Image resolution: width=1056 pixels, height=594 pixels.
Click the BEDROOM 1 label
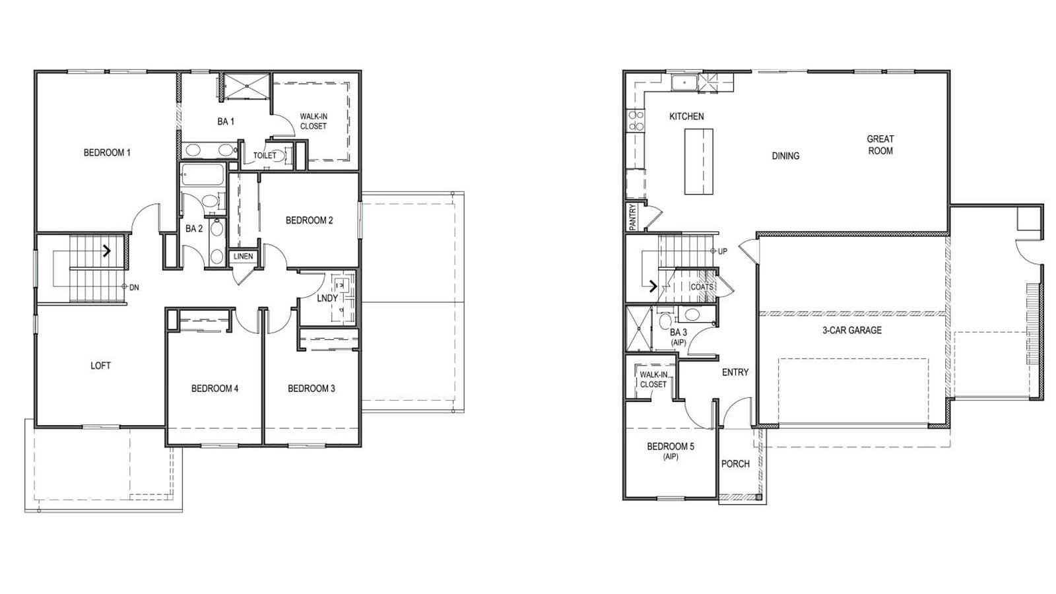pyautogui.click(x=107, y=152)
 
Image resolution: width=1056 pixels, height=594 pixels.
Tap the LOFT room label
pyautogui.click(x=100, y=366)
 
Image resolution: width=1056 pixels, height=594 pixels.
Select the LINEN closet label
pyautogui.click(x=243, y=256)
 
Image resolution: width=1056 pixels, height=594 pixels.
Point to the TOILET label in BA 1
pyautogui.click(x=265, y=156)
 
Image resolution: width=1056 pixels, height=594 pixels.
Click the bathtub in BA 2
pyautogui.click(x=202, y=176)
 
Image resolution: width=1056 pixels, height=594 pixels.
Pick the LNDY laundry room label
pyautogui.click(x=327, y=298)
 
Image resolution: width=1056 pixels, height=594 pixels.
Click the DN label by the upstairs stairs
pyautogui.click(x=134, y=287)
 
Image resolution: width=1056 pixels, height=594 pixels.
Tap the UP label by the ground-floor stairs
pyautogui.click(x=723, y=251)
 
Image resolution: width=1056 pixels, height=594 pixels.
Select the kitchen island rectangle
pyautogui.click(x=698, y=161)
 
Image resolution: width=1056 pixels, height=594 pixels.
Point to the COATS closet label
pyautogui.click(x=702, y=287)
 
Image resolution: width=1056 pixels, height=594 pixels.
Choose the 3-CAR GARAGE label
pyautogui.click(x=851, y=330)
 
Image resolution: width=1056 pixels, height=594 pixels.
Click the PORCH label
pyautogui.click(x=735, y=464)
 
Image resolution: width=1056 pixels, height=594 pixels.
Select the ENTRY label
pyautogui.click(x=735, y=372)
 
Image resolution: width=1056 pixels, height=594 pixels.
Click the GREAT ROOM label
pyautogui.click(x=880, y=145)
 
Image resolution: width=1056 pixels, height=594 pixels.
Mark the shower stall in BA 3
pyautogui.click(x=638, y=327)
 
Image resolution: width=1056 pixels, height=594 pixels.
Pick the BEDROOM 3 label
pyautogui.click(x=312, y=388)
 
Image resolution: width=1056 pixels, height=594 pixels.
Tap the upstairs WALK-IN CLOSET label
pyautogui.click(x=313, y=121)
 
